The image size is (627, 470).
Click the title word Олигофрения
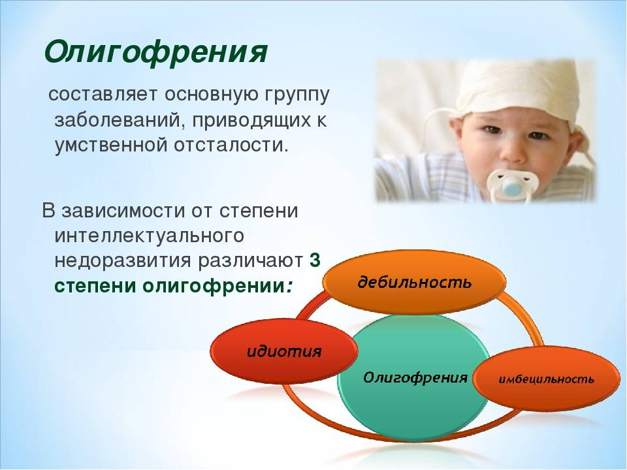click(155, 52)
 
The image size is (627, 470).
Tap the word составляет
click(103, 95)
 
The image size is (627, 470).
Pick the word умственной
click(110, 145)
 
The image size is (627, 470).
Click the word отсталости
click(231, 144)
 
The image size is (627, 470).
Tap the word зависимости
click(123, 211)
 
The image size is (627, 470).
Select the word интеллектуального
click(149, 236)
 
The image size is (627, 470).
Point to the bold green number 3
click(315, 260)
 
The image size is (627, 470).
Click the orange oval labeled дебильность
click(414, 282)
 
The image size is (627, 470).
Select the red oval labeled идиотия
click(284, 351)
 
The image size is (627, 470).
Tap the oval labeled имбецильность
click(546, 379)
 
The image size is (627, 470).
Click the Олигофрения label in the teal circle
click(415, 377)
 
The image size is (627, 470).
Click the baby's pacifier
click(512, 185)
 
